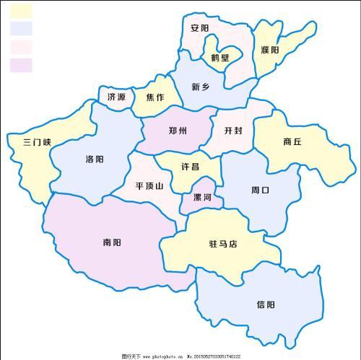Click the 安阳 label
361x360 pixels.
coord(200,29)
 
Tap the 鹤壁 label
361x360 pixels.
coord(219,58)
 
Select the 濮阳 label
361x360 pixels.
coord(269,50)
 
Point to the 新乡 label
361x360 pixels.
coord(201,87)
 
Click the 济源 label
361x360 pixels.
coord(116,97)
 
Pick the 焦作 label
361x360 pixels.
coord(155,97)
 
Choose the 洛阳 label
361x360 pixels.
coord(95,159)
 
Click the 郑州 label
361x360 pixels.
coord(178,131)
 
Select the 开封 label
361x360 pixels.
coord(233,131)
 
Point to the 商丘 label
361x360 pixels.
coord(292,142)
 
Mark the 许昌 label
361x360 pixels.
coord(190,166)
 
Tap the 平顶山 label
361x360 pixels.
coord(149,185)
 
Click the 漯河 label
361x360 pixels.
coord(202,197)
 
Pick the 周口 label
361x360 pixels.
coord(260,190)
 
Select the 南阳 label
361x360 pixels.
coord(112,243)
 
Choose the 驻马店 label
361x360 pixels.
coord(223,245)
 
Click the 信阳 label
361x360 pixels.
coord(265,304)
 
